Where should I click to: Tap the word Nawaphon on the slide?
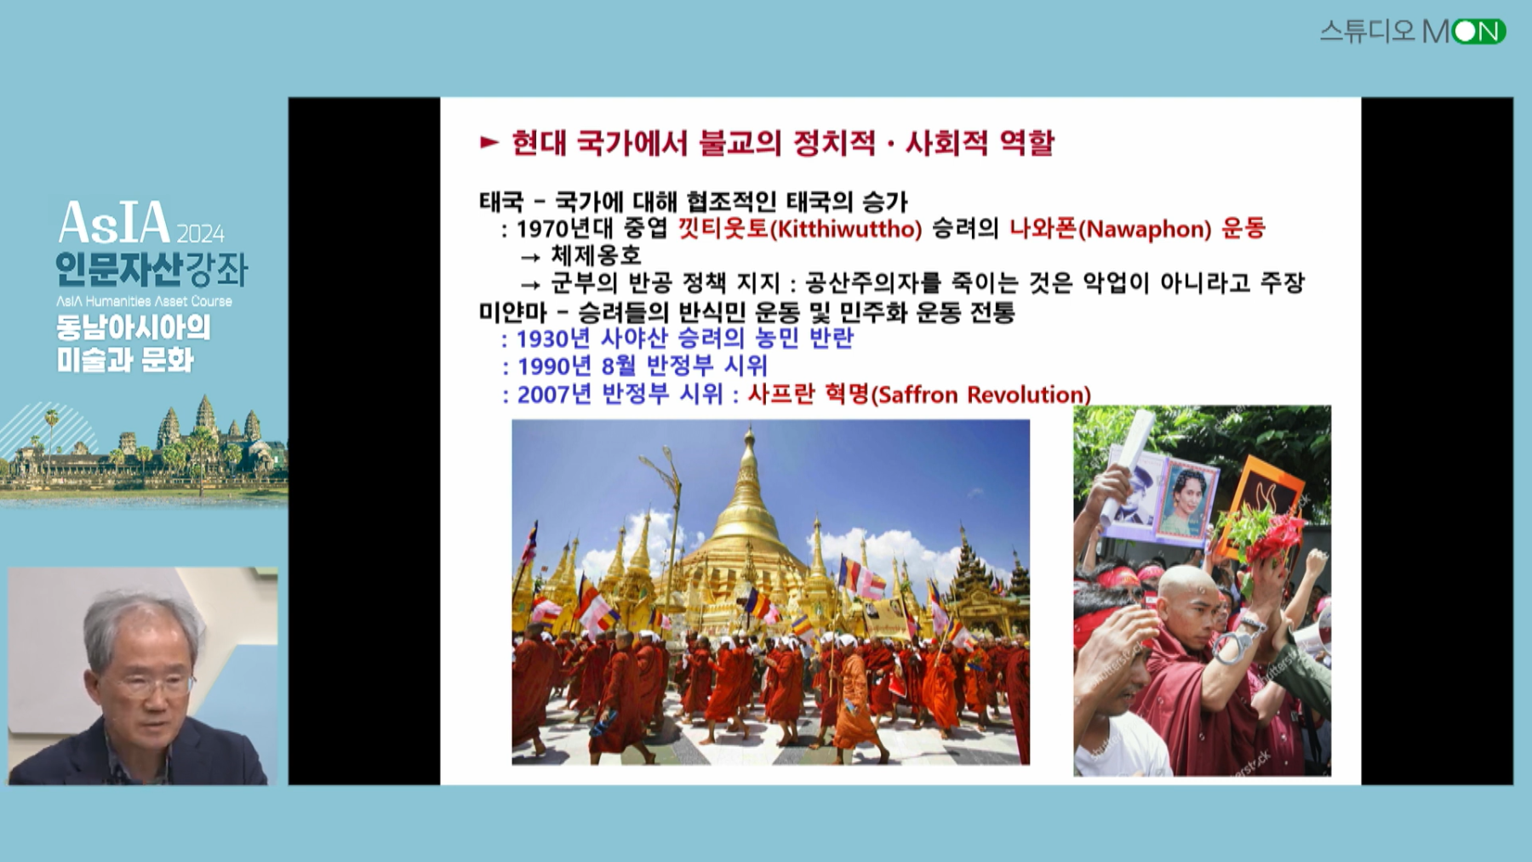click(1143, 229)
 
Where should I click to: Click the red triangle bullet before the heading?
click(489, 142)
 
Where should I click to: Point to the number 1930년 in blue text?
click(552, 339)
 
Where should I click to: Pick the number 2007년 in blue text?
click(553, 394)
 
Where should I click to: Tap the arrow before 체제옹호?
click(530, 257)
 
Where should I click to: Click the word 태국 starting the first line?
click(500, 202)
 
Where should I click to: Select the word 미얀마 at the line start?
click(512, 312)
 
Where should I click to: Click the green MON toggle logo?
click(1478, 31)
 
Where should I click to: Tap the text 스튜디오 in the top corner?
click(1367, 31)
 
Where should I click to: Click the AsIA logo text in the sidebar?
click(115, 223)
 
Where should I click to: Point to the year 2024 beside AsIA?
click(201, 233)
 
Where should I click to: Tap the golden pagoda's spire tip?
click(749, 429)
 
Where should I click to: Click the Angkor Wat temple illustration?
click(145, 447)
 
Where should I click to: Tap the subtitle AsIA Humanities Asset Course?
click(144, 301)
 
